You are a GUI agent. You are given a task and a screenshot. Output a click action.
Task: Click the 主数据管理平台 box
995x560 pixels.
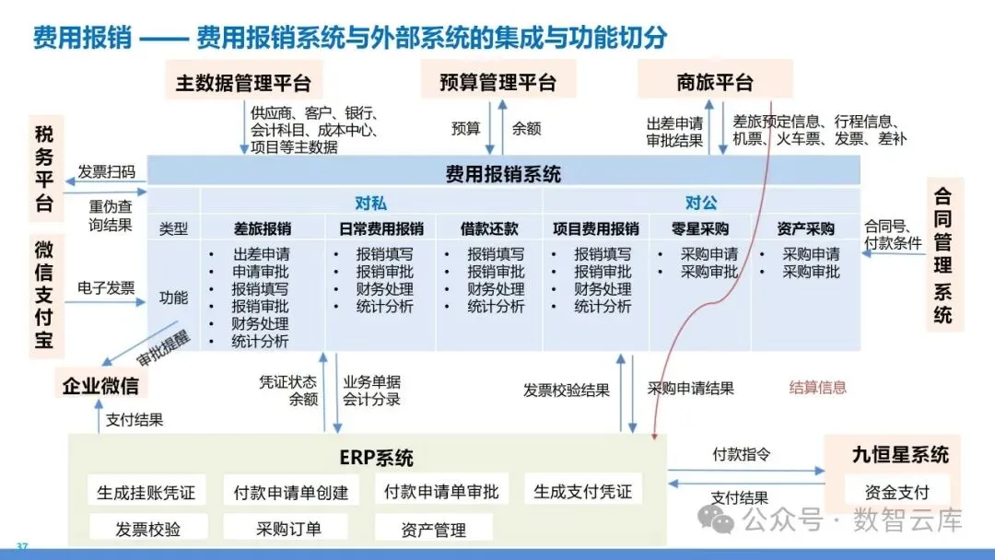pyautogui.click(x=243, y=83)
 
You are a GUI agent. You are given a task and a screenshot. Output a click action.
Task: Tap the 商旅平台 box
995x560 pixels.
pyautogui.click(x=715, y=83)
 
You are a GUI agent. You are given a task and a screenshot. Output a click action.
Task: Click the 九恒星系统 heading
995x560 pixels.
pyautogui.click(x=900, y=454)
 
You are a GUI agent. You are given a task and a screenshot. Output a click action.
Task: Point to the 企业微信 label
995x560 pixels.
pyautogui.click(x=100, y=384)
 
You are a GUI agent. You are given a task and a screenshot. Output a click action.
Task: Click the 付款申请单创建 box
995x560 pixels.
pyautogui.click(x=291, y=492)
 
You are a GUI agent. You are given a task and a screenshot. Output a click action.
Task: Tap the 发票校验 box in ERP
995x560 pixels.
pyautogui.click(x=147, y=529)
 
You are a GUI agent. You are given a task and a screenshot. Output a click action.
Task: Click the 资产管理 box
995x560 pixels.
pyautogui.click(x=434, y=529)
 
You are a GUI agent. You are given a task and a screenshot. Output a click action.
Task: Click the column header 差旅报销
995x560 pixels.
pyautogui.click(x=263, y=228)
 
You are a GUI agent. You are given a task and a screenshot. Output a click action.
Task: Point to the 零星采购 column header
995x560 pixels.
pyautogui.click(x=701, y=228)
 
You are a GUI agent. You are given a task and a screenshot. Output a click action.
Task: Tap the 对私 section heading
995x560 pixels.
pyautogui.click(x=370, y=203)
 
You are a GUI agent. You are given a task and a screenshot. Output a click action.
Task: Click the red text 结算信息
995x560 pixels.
pyautogui.click(x=817, y=388)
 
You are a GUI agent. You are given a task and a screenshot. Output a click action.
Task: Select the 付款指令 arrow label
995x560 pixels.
pyautogui.click(x=742, y=455)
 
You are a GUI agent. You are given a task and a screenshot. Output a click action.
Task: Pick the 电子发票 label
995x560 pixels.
pyautogui.click(x=106, y=288)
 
